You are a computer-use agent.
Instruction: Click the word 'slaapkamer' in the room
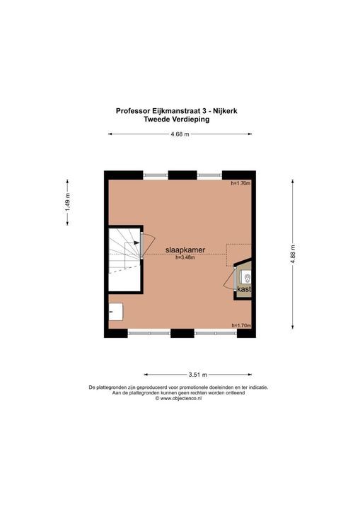coord(185,250)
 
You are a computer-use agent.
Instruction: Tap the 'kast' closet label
coord(244,289)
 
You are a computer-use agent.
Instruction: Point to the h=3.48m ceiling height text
coord(185,258)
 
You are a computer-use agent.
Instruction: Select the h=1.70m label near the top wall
coord(241,184)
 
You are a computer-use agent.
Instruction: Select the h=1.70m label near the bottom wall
coord(241,325)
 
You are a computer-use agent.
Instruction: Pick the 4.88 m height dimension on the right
coord(292,253)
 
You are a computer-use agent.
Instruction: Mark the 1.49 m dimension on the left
coord(68,208)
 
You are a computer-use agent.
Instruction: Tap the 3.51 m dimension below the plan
coord(198,375)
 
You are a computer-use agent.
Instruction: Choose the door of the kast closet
coord(229,279)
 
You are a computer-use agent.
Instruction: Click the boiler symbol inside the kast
coord(246,276)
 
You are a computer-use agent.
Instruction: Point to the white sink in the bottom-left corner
coord(117,311)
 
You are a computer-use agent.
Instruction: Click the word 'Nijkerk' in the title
coord(228,110)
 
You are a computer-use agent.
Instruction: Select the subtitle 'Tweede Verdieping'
coord(180,119)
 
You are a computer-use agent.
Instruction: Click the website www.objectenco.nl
coord(181,399)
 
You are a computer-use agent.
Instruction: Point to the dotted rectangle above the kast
coord(238,252)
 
